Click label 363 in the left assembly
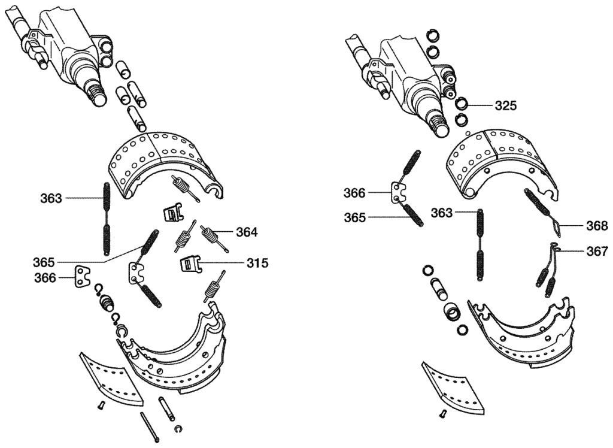pos(51,198)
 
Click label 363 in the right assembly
pos(442,213)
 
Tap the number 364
pos(247,232)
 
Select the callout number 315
pos(257,264)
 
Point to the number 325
pos(506,105)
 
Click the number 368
pos(597,226)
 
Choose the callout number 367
pos(597,251)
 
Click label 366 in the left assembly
pos(45,278)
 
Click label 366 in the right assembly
pos(354,193)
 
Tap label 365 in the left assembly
pos(44,262)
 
